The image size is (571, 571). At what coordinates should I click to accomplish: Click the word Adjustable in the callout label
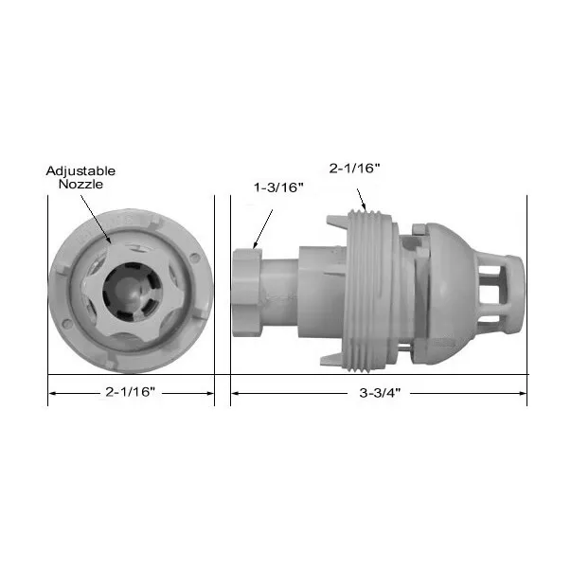(80, 170)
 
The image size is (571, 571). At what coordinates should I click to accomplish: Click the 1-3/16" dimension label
(278, 187)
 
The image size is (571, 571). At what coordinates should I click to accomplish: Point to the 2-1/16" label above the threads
(353, 169)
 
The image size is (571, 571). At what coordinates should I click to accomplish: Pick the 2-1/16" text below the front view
(132, 390)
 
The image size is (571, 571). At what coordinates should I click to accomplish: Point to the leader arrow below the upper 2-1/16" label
(359, 194)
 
